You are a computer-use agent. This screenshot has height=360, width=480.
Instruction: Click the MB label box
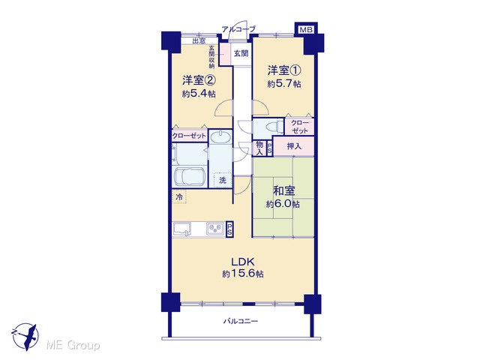point(306,29)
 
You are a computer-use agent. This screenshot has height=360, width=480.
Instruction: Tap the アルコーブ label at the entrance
point(238,29)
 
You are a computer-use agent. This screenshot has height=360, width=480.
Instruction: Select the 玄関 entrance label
point(241,53)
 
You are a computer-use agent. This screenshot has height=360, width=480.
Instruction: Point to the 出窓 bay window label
point(199,40)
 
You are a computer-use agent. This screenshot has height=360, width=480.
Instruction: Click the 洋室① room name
point(284,70)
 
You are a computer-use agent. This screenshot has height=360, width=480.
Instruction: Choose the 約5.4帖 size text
point(199,93)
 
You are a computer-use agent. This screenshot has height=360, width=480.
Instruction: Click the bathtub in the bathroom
point(190,176)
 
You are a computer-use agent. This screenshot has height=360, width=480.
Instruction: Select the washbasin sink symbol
point(220,136)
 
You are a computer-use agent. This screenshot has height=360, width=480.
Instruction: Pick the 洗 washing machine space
point(223,180)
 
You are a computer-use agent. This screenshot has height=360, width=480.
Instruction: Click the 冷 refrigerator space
point(179,196)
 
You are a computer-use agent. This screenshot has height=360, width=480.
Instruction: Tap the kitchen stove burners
point(215,228)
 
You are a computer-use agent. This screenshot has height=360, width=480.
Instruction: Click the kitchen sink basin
point(182,229)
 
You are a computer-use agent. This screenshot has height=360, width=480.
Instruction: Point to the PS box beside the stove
point(229,229)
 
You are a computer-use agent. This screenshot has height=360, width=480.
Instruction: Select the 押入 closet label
point(294,146)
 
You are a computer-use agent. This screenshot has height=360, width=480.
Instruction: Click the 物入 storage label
point(259,148)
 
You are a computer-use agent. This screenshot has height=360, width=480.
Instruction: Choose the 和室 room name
point(284,190)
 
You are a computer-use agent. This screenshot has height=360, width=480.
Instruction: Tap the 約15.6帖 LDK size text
point(243,274)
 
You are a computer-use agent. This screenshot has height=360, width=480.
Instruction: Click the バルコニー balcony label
point(241,321)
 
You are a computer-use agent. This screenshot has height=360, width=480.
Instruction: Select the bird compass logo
point(25,337)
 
